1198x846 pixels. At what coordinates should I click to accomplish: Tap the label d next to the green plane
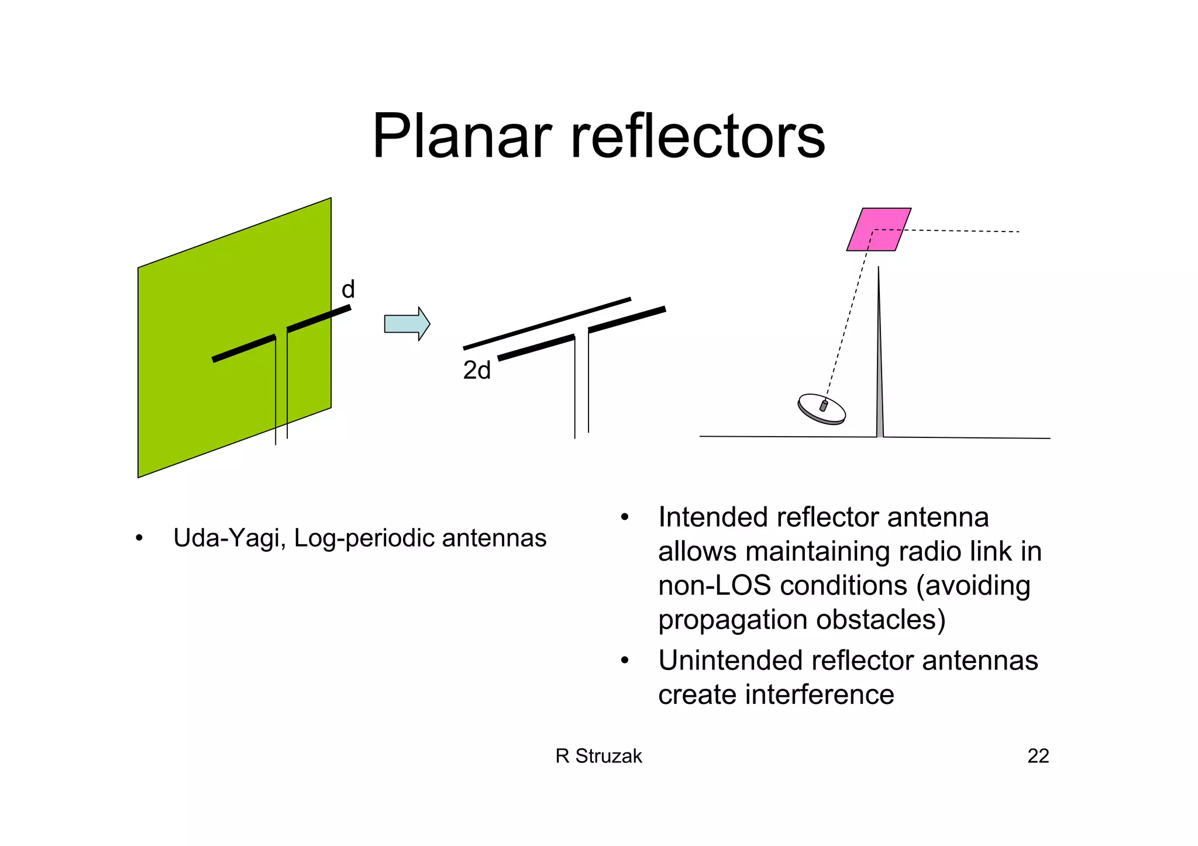point(348,289)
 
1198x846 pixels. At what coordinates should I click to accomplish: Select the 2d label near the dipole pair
point(477,371)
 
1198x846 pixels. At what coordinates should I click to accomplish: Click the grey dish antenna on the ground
point(821,409)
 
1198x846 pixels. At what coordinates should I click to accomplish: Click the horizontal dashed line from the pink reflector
point(965,231)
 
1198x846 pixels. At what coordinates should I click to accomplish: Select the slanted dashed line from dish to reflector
point(848,316)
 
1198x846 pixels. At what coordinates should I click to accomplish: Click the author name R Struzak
point(598,756)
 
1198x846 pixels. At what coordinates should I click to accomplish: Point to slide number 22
point(1038,756)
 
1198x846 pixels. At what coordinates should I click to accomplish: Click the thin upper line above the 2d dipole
point(547,323)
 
